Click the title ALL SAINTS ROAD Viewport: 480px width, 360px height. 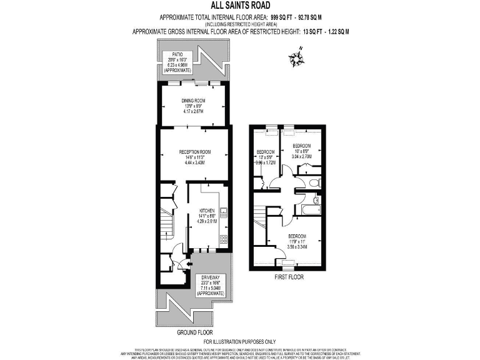(x=240, y=6)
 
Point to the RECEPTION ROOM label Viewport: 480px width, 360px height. (x=194, y=151)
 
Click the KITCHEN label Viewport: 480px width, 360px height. (x=207, y=210)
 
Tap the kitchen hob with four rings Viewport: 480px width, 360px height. (x=223, y=240)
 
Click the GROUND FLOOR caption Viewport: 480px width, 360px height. (x=194, y=332)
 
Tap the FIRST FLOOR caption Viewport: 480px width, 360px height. (x=288, y=276)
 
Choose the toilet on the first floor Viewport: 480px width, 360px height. (x=316, y=200)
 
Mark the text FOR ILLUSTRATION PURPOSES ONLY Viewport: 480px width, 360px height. (x=240, y=342)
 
